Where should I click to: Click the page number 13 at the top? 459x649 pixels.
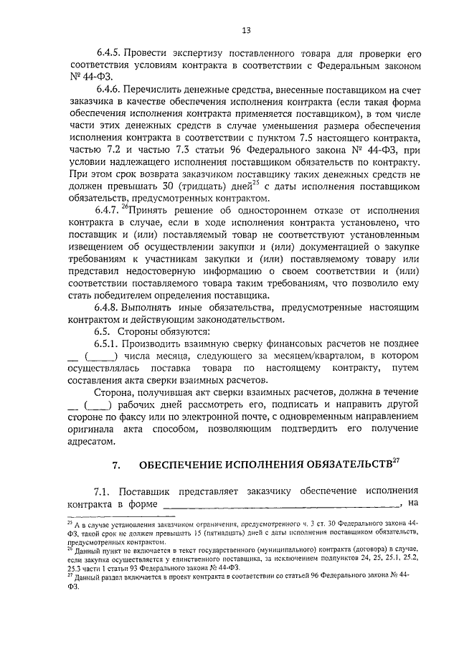[x=245, y=30]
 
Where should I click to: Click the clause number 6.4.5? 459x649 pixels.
[x=108, y=55]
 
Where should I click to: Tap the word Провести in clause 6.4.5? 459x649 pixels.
[x=145, y=55]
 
